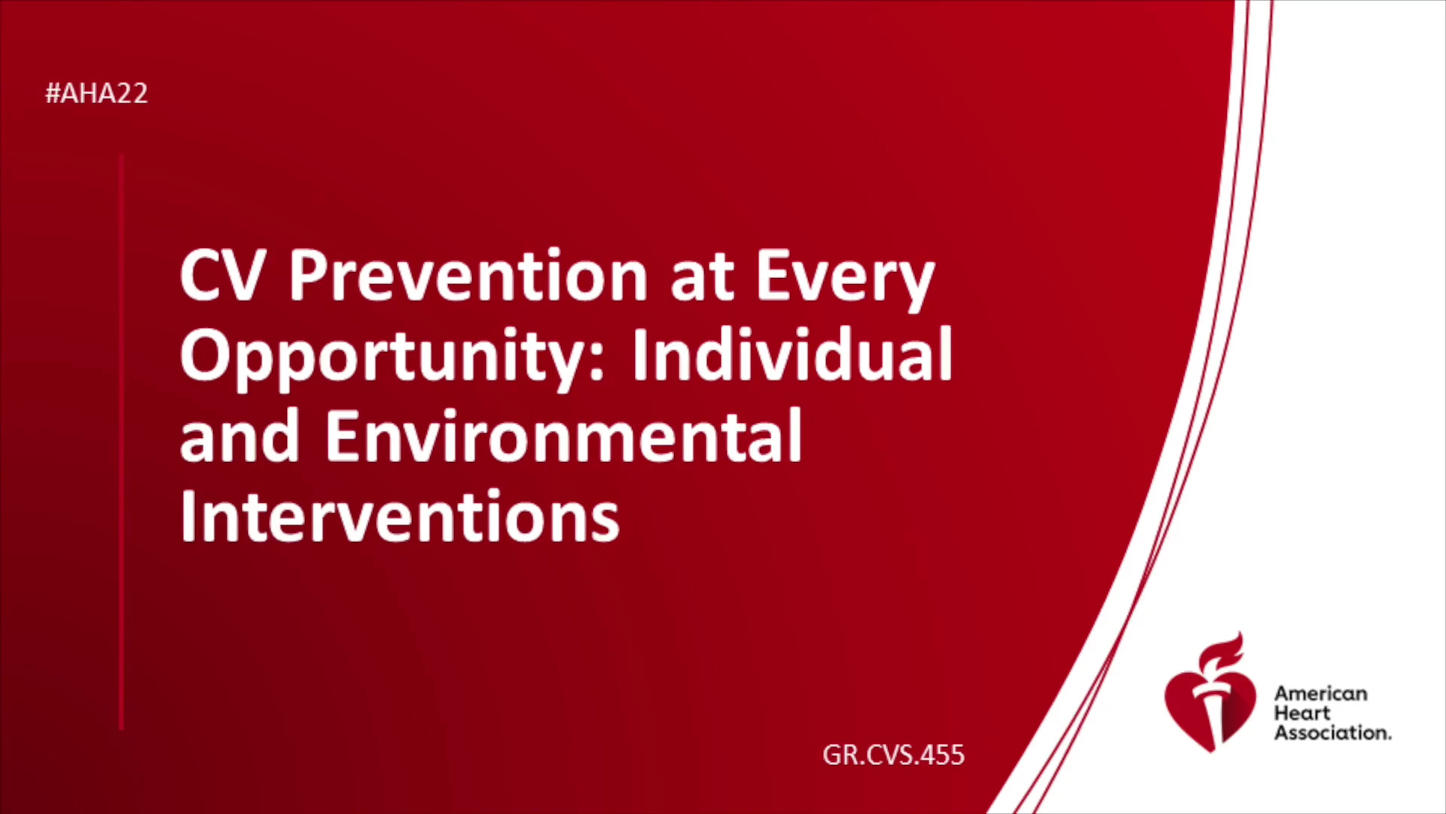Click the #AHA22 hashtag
pos(96,93)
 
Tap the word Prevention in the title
pos(468,275)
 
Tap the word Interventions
pos(400,516)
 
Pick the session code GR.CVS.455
pos(893,754)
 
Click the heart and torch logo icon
pos(1210,693)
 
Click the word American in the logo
pos(1320,693)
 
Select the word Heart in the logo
pos(1302,713)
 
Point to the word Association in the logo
pos(1332,733)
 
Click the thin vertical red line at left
pos(121,442)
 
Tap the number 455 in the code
pos(942,754)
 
